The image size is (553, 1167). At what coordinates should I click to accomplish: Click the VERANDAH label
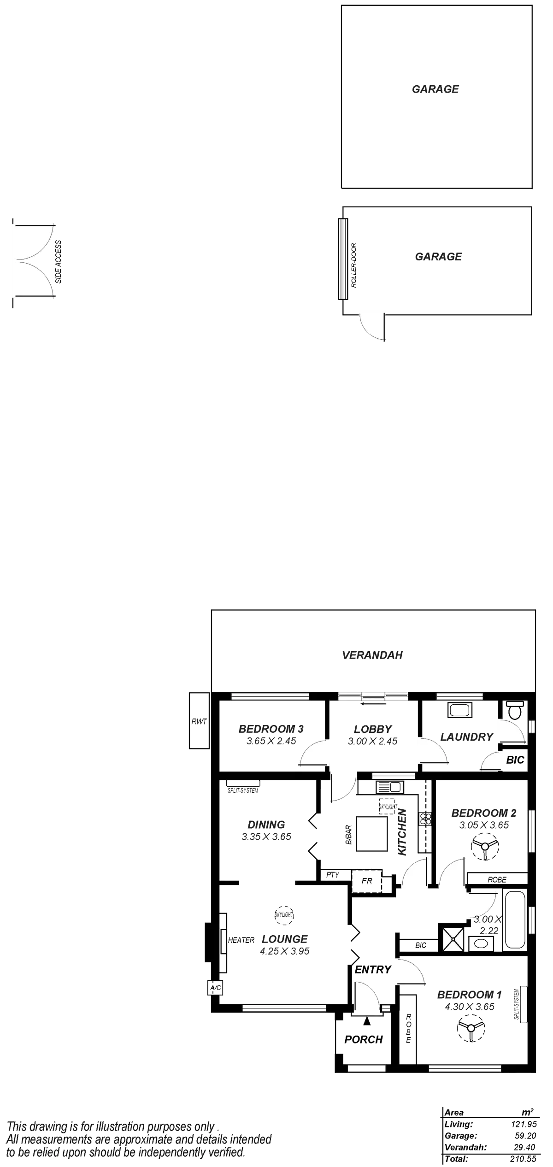pos(372,654)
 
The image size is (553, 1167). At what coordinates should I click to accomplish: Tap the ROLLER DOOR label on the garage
pos(354,265)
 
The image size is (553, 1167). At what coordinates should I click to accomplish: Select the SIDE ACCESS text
pos(59,261)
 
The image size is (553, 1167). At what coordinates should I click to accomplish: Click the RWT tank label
pos(199,721)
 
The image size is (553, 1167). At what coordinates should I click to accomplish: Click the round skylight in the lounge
pos(283,914)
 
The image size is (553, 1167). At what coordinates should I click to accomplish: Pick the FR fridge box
pos(367,881)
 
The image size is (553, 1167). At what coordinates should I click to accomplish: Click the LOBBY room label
pos(372,729)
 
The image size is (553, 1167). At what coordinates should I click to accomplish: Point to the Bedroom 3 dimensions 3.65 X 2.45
pos(271,741)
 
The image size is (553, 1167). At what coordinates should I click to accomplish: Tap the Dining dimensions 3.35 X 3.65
pos(266,837)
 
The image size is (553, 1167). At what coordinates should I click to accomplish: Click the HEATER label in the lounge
pos(241,940)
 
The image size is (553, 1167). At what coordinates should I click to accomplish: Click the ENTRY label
pos(373,969)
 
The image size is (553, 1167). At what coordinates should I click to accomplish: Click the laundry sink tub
pos(459,710)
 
